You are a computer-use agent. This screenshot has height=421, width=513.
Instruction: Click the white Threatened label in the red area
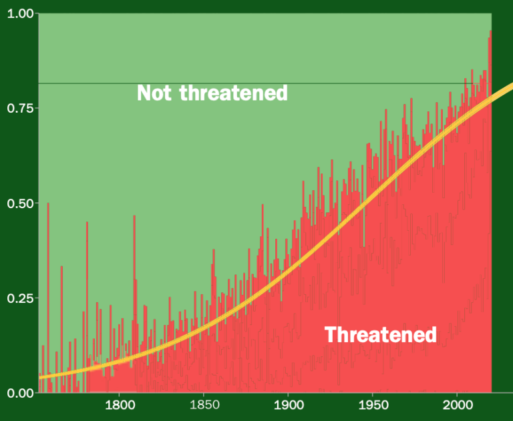(x=381, y=334)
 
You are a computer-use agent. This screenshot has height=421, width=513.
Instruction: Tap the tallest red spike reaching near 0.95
(x=490, y=32)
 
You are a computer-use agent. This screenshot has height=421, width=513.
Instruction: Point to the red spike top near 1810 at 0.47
(x=134, y=216)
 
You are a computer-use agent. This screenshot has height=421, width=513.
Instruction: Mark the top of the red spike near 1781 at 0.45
(x=87, y=223)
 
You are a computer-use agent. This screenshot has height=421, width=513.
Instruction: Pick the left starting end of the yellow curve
(x=40, y=377)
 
